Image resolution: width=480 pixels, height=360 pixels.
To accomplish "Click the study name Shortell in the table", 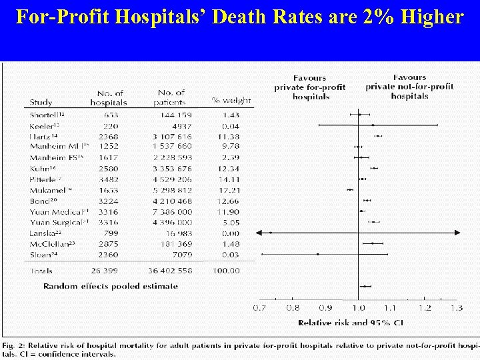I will [45, 115].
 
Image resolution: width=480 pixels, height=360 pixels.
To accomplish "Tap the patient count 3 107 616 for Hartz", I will [172, 136].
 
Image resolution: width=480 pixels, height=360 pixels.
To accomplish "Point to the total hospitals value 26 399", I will [108, 271].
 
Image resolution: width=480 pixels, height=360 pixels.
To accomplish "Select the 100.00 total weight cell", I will [226, 271].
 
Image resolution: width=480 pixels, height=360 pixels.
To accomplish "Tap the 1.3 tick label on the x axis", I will [455, 309].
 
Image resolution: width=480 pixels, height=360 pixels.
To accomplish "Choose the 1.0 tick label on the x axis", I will [358, 309].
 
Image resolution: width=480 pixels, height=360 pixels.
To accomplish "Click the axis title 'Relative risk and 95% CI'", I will [350, 323].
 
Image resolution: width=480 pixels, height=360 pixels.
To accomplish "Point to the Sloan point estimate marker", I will [318, 254].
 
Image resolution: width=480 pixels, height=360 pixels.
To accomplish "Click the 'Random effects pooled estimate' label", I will [111, 286].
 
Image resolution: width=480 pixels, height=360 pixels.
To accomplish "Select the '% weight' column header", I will [231, 101].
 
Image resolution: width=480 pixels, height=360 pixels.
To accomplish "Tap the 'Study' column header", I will [41, 103].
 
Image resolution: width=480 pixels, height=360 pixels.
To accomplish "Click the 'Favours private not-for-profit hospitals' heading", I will [409, 87].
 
